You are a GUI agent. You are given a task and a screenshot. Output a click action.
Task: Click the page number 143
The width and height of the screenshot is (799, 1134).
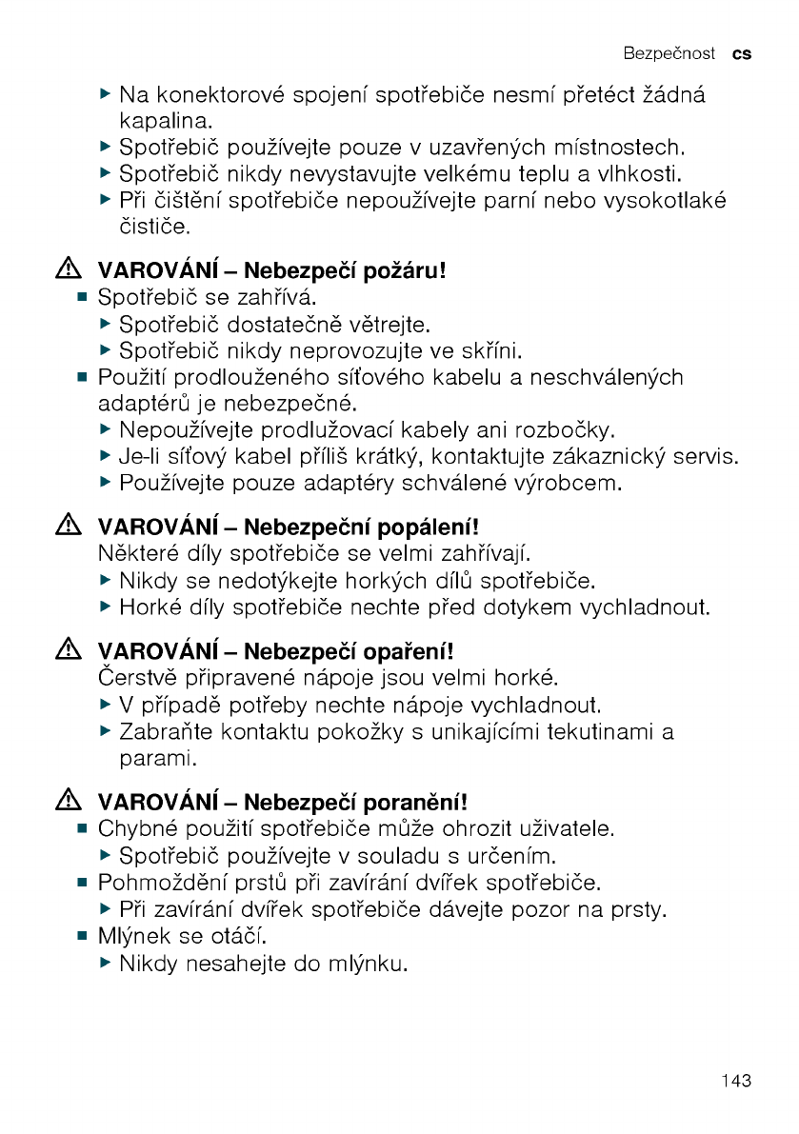coord(736,1081)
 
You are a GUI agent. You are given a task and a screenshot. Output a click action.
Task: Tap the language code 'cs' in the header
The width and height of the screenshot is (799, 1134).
coord(742,53)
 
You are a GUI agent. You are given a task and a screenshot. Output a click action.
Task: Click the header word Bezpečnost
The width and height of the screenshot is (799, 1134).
coord(669,53)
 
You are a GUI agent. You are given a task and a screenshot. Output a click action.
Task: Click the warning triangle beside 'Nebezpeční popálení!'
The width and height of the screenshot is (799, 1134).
coord(68,526)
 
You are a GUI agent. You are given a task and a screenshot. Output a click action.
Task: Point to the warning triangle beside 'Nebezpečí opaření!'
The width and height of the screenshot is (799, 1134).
coord(68,652)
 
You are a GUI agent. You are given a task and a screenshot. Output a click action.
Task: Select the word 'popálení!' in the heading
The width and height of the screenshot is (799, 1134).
coord(429,526)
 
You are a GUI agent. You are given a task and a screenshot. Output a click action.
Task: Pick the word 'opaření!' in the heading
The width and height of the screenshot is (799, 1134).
coord(411,652)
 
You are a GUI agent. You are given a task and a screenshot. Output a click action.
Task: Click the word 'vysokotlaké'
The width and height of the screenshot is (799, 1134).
coord(670,201)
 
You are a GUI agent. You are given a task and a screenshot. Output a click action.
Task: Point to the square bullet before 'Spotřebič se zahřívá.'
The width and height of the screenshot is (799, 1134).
coord(83,299)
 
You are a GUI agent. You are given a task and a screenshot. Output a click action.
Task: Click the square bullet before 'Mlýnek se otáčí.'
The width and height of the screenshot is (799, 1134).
coord(83,937)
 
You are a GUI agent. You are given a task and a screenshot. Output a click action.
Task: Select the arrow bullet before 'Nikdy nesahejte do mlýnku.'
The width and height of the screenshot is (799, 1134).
coord(106,964)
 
